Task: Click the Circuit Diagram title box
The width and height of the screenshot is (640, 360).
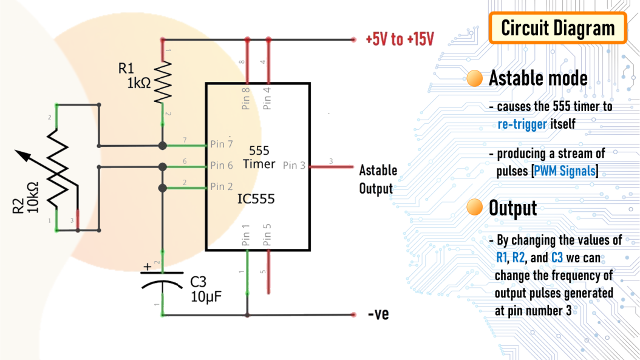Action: click(557, 29)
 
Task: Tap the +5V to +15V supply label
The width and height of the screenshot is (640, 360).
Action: click(400, 40)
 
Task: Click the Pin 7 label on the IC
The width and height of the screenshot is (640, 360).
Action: click(222, 144)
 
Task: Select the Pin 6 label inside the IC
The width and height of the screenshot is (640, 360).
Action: click(222, 165)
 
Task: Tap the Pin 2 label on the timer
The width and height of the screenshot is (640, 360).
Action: click(222, 186)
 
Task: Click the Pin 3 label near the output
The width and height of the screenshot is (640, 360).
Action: click(294, 165)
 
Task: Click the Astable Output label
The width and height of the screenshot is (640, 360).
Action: click(378, 179)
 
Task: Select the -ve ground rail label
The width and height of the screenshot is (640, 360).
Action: click(378, 314)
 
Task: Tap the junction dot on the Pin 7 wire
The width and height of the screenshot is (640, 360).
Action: click(162, 146)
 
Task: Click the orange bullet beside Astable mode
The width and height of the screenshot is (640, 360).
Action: click(475, 78)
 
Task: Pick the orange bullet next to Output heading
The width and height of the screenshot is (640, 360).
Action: click(475, 208)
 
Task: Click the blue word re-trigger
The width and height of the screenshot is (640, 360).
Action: click(522, 124)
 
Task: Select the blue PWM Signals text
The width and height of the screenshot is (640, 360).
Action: click(565, 171)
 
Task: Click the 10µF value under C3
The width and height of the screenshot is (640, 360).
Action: click(206, 297)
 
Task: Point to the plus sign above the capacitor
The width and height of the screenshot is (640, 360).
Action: click(146, 267)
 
